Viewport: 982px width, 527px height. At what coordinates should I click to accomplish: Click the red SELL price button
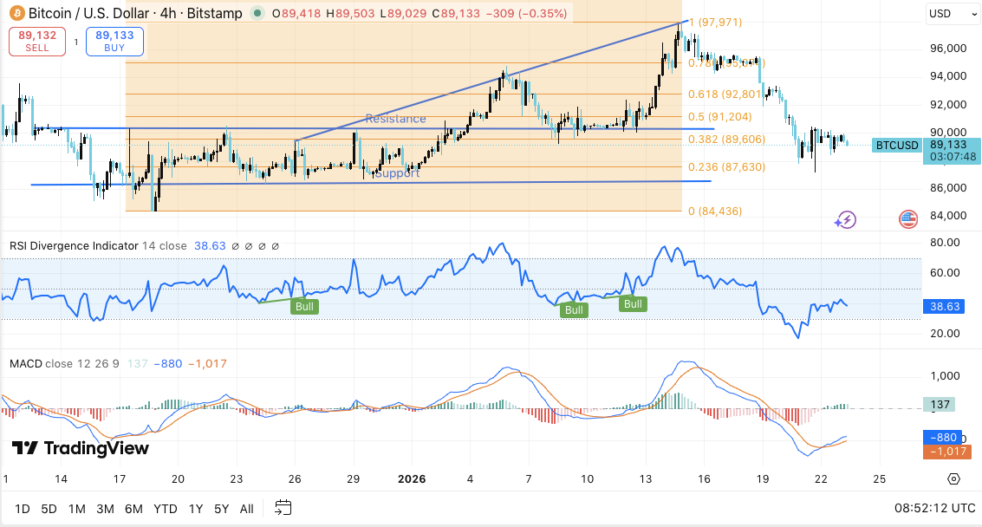coord(37,42)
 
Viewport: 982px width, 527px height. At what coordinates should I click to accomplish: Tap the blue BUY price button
coord(114,42)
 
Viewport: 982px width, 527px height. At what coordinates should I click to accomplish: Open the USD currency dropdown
coord(952,14)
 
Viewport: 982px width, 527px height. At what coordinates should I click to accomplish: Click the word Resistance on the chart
coord(395,119)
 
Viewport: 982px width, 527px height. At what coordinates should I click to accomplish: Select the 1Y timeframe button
coord(195,508)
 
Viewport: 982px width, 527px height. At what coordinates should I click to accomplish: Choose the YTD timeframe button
coord(165,508)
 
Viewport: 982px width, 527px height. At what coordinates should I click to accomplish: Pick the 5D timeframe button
coord(49,508)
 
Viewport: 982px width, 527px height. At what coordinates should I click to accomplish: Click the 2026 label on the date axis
coord(411,478)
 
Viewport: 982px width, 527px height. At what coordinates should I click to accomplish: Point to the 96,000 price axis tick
coord(947,49)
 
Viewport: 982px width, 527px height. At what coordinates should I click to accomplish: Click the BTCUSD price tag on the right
coord(896,145)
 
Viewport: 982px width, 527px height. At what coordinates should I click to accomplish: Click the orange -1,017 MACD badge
coord(952,452)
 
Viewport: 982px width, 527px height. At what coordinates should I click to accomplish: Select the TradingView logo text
coord(81,448)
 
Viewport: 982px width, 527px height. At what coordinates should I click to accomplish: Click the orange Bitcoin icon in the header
coord(15,14)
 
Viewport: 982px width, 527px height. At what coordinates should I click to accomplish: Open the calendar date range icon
coord(283,508)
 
